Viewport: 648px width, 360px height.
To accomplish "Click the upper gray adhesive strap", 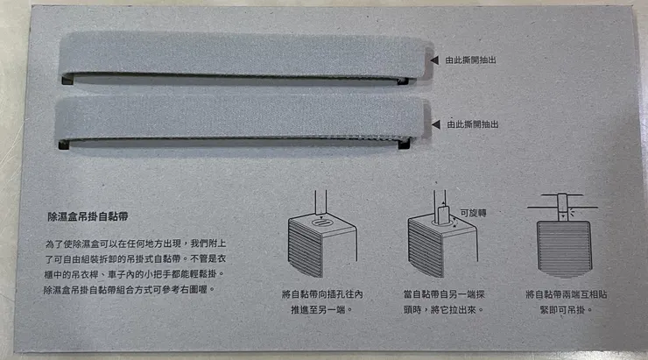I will coord(236,57).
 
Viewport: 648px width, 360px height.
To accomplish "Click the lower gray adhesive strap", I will coord(236,120).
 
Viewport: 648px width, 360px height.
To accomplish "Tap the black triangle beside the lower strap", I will coord(431,124).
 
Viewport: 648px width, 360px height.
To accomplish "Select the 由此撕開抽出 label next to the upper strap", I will coord(470,60).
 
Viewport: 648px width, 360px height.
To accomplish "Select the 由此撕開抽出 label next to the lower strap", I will coord(470,124).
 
